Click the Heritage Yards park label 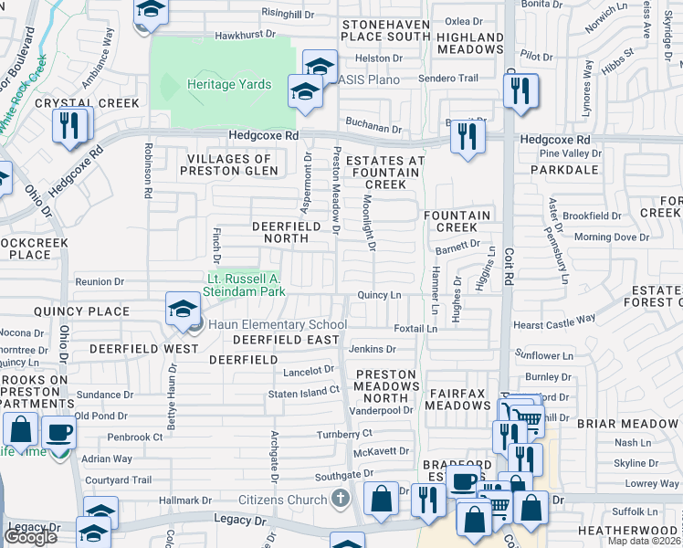229,84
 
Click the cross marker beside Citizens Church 341,499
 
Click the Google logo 30,536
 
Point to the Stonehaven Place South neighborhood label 384,29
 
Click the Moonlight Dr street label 370,223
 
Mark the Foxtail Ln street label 410,328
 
